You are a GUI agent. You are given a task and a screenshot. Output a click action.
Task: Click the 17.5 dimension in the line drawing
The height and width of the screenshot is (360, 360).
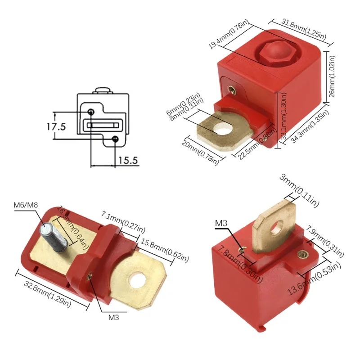[56, 126]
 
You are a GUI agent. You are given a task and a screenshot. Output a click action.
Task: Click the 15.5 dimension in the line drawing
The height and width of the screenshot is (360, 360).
[128, 160]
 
